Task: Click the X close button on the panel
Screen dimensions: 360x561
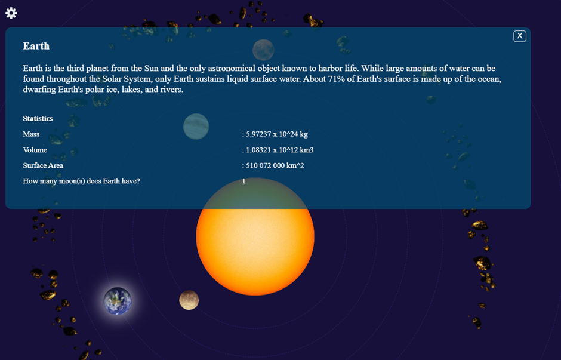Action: tap(520, 36)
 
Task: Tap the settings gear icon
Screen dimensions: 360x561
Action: tap(11, 13)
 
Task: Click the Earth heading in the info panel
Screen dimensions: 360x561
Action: tap(36, 46)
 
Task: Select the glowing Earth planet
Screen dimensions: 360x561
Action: tap(118, 301)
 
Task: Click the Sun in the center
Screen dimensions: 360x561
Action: tap(255, 251)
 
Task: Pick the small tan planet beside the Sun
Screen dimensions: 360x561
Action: tap(189, 300)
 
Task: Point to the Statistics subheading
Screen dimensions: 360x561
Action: tap(38, 118)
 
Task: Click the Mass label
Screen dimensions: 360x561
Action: tap(31, 134)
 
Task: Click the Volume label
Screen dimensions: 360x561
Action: tap(35, 150)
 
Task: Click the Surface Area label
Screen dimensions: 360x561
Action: tap(43, 165)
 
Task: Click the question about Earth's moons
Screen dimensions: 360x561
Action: tap(81, 181)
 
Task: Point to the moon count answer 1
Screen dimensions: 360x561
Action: tap(243, 181)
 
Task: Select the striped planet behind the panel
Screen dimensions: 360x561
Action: tap(196, 127)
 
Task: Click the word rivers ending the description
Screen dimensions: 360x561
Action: tap(171, 90)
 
